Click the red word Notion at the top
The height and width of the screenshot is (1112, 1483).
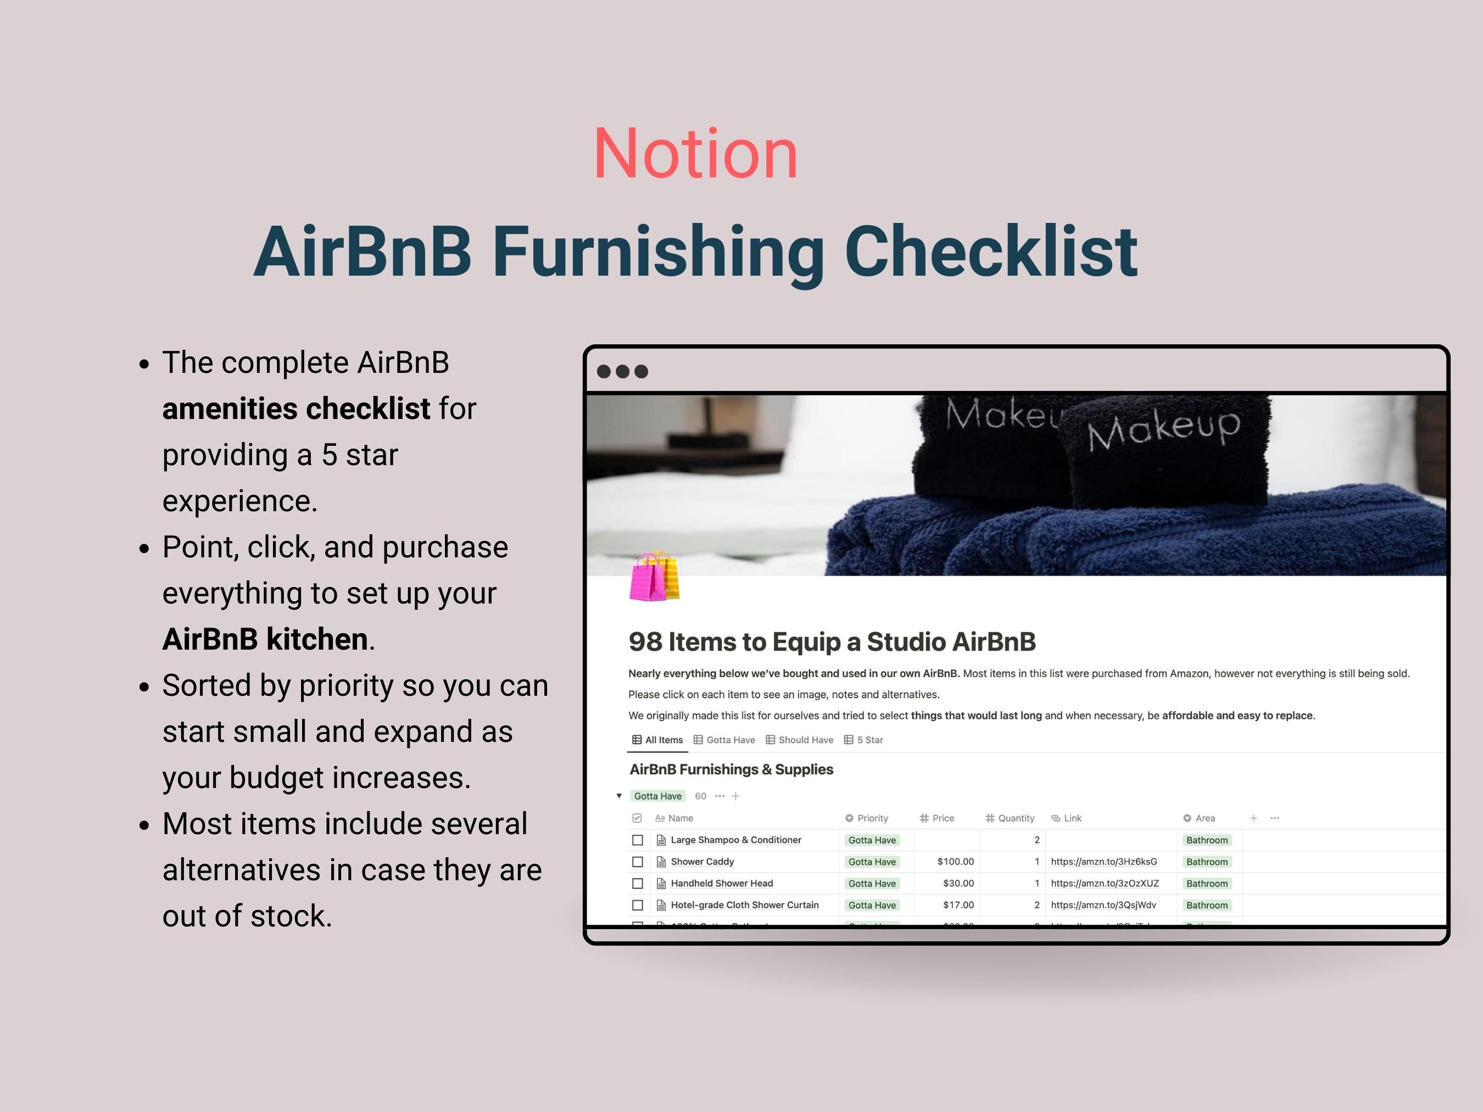pos(695,155)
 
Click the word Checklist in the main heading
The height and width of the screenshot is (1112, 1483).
pos(991,252)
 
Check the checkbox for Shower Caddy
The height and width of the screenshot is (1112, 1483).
pos(638,862)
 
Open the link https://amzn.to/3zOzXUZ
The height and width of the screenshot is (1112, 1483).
pos(1104,884)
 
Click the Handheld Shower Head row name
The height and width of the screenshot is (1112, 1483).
pos(721,884)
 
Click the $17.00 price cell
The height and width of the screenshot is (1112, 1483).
pos(958,905)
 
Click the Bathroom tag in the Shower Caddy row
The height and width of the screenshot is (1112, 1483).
pos(1207,862)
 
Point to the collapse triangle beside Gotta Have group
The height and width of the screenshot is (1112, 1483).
pos(619,796)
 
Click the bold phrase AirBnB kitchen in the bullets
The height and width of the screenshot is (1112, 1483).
pos(265,639)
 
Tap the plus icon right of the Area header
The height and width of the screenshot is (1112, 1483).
pos(1253,818)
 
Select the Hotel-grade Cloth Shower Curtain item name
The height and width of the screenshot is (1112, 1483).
pos(744,905)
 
